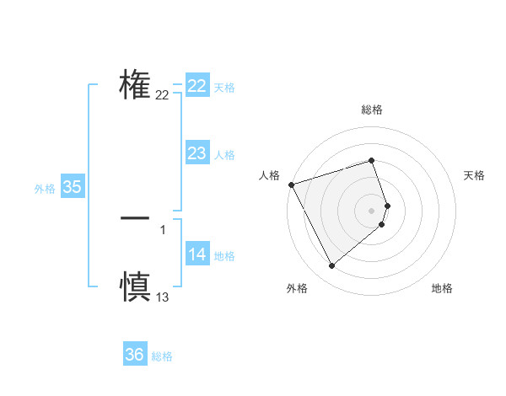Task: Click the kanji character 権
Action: [135, 85]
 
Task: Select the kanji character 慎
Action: [135, 286]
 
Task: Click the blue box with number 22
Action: [197, 86]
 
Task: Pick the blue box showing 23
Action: [197, 153]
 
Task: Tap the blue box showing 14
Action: [197, 254]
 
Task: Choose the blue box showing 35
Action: [73, 187]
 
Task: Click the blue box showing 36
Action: [135, 355]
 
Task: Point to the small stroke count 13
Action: [163, 297]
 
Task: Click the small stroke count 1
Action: [163, 229]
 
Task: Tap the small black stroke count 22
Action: [163, 95]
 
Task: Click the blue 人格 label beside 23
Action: [224, 155]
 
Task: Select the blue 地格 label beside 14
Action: [224, 256]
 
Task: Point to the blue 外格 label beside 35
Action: [45, 189]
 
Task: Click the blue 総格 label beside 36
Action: [162, 356]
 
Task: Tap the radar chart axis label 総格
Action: [372, 110]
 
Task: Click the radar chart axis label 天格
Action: [475, 175]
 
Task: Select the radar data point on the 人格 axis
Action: [291, 184]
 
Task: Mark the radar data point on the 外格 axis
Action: [331, 265]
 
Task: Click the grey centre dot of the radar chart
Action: [372, 210]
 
